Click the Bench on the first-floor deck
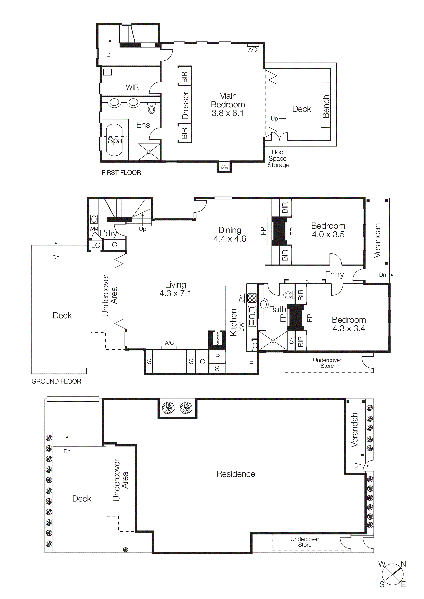coord(325,105)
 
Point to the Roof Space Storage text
coord(278,158)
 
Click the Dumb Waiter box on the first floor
coord(224,166)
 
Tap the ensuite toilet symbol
coord(152,108)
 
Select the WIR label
coord(132,87)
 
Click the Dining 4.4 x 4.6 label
coord(230,234)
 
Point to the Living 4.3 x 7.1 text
coord(175,289)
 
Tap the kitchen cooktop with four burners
coord(252,298)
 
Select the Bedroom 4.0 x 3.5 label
coord(328,230)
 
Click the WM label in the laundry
coord(94,229)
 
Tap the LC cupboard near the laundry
coord(96,245)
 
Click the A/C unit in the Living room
coord(169,347)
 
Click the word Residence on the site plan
coord(236,474)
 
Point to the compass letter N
coord(403,564)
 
